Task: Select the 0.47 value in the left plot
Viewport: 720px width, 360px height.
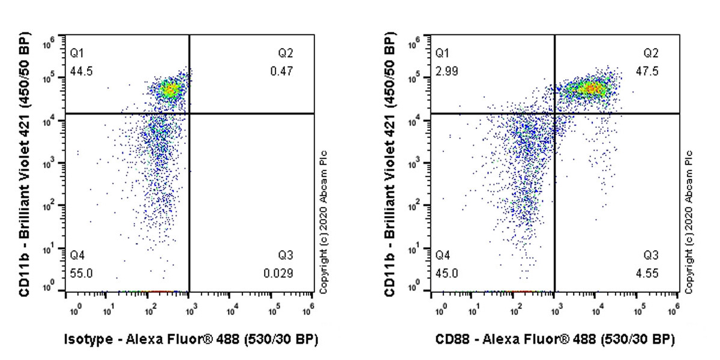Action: click(285, 72)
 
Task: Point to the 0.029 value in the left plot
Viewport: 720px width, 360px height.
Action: click(278, 274)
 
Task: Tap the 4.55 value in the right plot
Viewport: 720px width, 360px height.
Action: click(650, 274)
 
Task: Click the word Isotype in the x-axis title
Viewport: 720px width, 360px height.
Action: click(88, 340)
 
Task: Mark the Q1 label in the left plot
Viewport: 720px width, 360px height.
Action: click(76, 53)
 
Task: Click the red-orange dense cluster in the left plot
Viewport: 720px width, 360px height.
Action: click(172, 90)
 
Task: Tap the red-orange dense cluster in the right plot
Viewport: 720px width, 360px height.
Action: click(591, 89)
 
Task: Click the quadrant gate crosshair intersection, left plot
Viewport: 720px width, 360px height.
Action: click(189, 113)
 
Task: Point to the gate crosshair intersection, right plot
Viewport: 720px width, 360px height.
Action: click(554, 113)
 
